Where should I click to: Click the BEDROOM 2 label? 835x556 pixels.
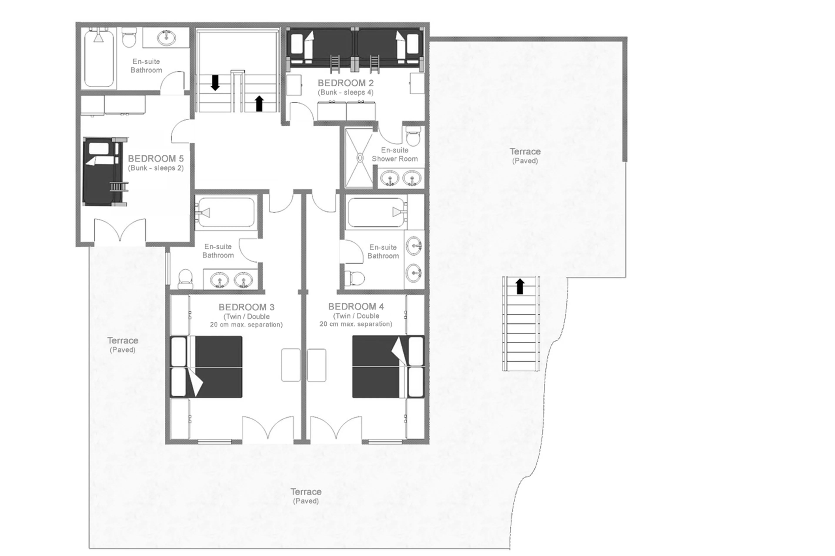pos(345,83)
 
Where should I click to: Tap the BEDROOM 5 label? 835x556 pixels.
pos(155,159)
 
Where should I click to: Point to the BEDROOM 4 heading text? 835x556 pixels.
pos(356,306)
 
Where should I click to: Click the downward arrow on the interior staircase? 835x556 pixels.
pos(215,82)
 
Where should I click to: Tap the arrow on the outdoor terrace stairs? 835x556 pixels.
pos(520,286)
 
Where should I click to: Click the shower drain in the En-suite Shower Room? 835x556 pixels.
pos(360,158)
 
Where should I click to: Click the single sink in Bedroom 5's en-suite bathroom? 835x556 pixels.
pos(166,38)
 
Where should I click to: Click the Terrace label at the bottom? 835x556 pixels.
pos(306,492)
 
